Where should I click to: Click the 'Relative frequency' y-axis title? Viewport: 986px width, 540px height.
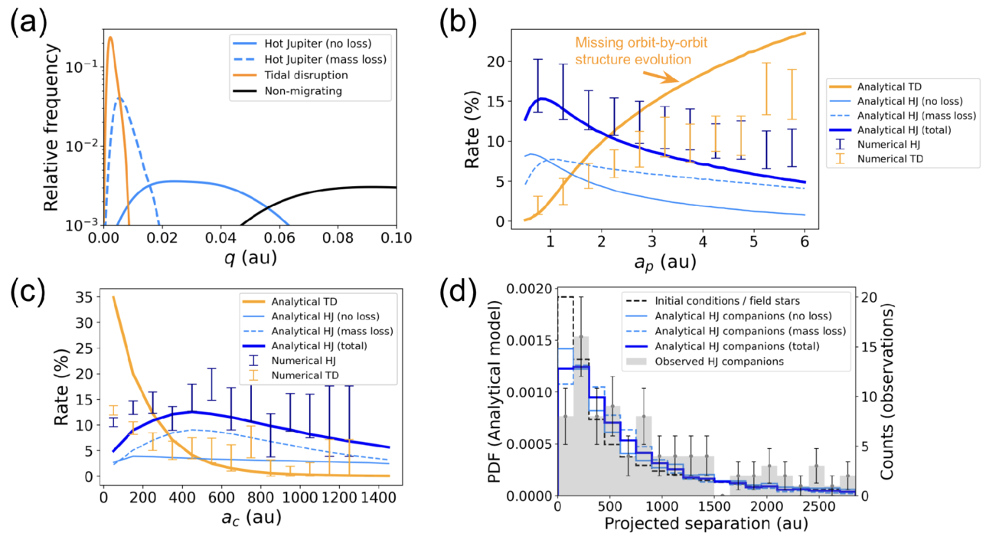point(52,126)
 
